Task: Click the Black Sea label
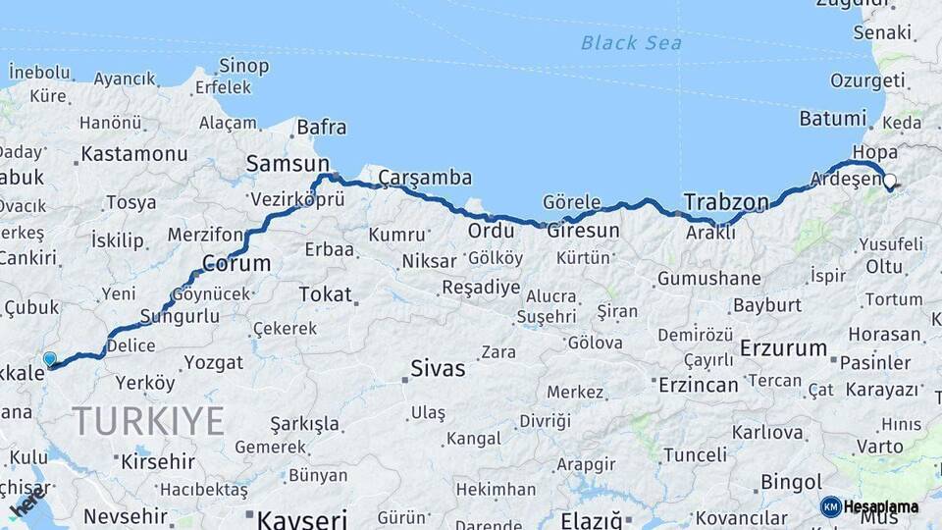point(630,42)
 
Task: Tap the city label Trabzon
point(726,202)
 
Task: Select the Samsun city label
point(287,164)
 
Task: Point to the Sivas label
point(437,370)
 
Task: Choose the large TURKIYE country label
point(148,421)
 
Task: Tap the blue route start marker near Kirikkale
point(50,359)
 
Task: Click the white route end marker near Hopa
point(889,182)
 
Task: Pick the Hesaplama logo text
point(881,506)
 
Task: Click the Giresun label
point(583,232)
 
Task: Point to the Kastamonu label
point(134,154)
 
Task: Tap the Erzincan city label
point(698,385)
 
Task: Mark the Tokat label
point(325,293)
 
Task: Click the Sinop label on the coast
point(244,66)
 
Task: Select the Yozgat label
point(213,362)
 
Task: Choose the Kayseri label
point(301,517)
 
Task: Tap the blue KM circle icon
point(830,506)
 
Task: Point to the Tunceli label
point(695,454)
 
